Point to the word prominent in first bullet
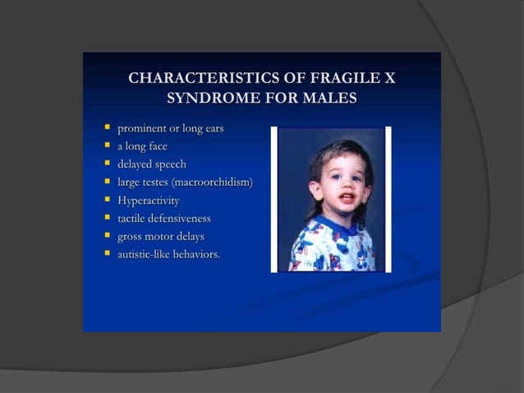click(142, 129)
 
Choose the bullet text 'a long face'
click(142, 146)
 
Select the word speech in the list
click(170, 164)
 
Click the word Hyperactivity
click(148, 201)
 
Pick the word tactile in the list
click(131, 219)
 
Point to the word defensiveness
click(180, 219)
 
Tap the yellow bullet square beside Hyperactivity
click(108, 200)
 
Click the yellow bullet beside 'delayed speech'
click(108, 164)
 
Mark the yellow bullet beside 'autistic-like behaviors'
click(108, 254)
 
